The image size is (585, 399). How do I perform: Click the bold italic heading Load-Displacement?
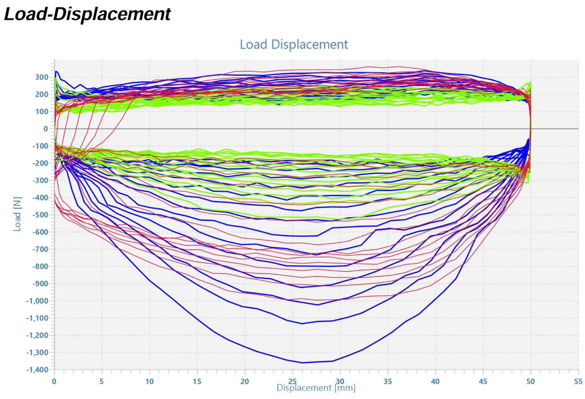[87, 14]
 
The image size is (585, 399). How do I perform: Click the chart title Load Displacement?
[294, 44]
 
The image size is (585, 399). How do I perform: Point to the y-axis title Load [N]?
[17, 214]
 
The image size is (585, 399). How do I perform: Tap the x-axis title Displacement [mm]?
[316, 388]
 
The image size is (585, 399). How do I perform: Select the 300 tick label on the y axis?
[42, 77]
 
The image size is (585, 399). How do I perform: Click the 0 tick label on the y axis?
[46, 129]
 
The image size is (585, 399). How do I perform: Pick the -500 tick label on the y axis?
[40, 215]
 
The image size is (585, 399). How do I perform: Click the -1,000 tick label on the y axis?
[37, 301]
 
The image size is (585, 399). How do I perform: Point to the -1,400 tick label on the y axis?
[37, 370]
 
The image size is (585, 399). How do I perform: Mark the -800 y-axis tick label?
[40, 267]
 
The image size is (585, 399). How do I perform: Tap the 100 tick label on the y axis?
[42, 112]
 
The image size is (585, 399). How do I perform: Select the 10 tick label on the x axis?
[149, 382]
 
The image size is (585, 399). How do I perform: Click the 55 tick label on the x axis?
[578, 382]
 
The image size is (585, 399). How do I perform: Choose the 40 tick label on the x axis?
[435, 382]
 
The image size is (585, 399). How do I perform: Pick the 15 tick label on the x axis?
[197, 382]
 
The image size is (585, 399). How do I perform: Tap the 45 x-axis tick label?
[483, 382]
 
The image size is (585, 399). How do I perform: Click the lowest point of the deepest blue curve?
[303, 363]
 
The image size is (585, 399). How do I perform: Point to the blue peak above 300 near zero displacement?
[56, 71]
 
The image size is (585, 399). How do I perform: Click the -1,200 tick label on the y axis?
[37, 335]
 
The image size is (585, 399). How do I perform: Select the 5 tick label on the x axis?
[102, 382]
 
